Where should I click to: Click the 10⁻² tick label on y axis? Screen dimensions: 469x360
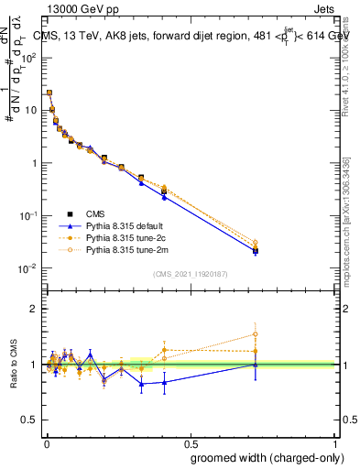click(x=29, y=268)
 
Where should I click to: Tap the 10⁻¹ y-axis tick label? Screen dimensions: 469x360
click(x=29, y=215)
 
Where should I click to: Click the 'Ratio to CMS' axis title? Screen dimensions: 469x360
click(x=14, y=365)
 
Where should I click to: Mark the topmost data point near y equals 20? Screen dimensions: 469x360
click(x=49, y=93)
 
